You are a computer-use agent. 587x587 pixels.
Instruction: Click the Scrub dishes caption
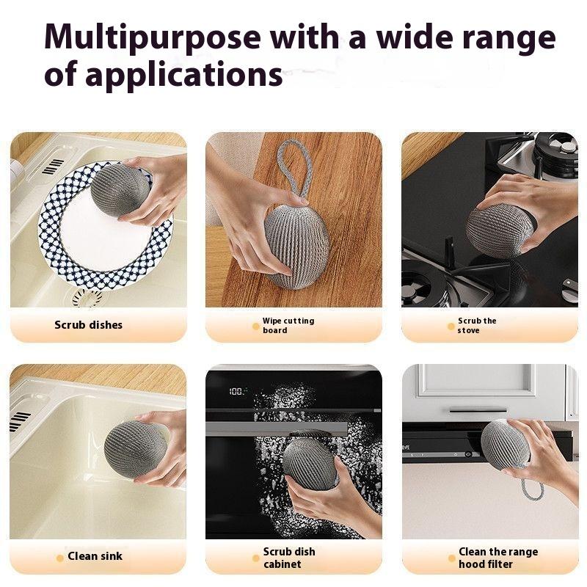point(89,324)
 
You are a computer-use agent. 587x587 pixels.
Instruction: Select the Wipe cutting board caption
point(288,326)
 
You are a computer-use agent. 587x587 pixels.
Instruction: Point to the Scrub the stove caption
point(477,326)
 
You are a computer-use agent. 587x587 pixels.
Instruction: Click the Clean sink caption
point(95,556)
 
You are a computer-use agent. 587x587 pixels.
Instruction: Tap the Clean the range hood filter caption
point(497,558)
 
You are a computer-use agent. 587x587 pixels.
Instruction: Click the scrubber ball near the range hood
point(506,444)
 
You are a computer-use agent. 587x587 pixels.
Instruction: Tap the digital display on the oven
point(236,392)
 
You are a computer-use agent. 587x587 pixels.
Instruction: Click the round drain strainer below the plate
point(87,298)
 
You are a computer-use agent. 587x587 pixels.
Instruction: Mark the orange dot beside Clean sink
point(60,557)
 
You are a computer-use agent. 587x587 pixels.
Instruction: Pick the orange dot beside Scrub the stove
point(451,327)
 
